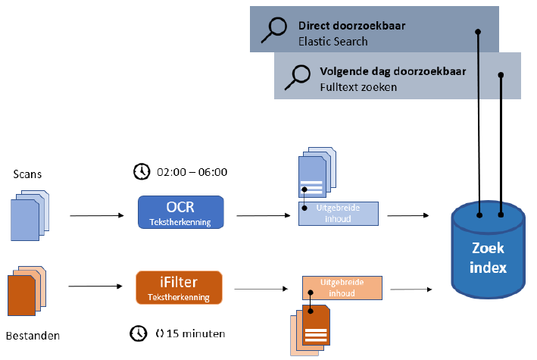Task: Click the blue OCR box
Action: coord(181,213)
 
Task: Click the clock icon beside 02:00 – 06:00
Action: coord(141,172)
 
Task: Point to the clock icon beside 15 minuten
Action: coord(138,333)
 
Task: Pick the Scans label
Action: coord(28,174)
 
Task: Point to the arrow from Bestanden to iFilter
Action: coord(95,286)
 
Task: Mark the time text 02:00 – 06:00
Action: coord(191,172)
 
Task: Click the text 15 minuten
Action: coord(195,333)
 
